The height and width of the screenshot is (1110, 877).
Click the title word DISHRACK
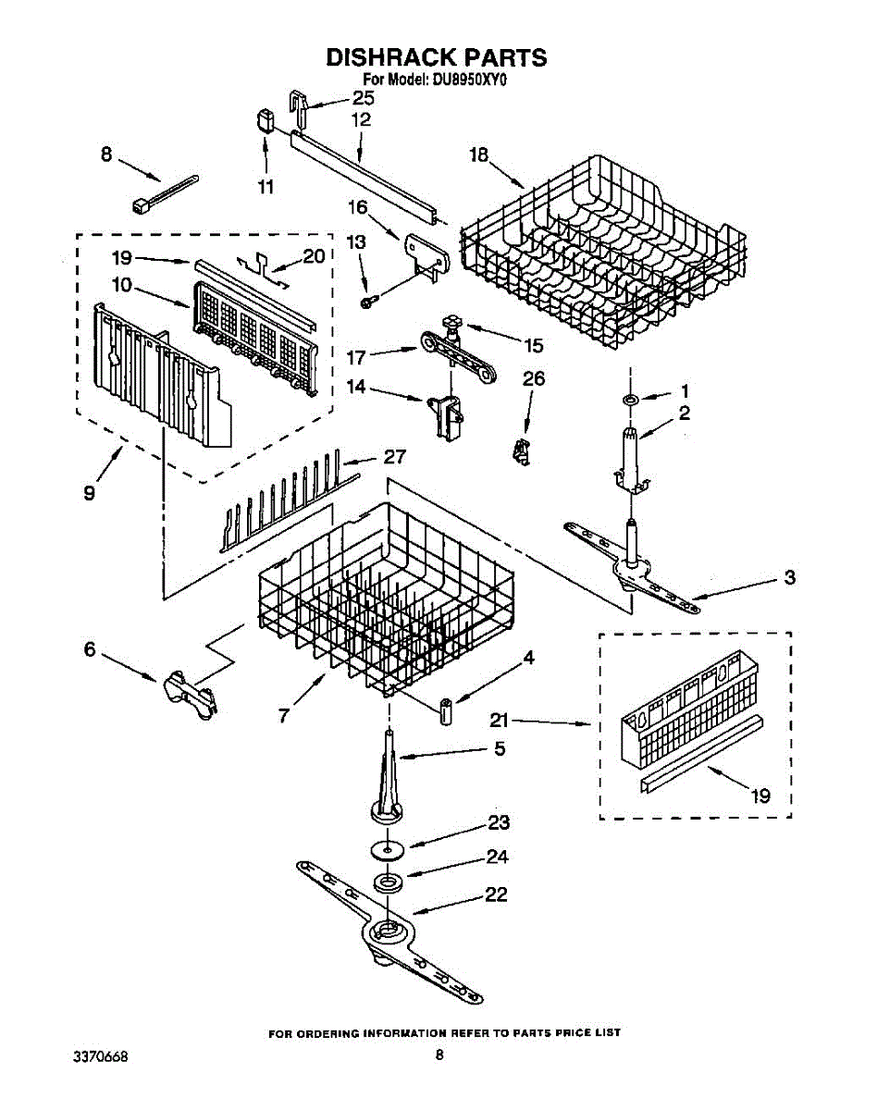click(x=379, y=57)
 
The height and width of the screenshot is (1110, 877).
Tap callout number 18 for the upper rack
click(x=477, y=155)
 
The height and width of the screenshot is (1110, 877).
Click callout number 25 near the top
click(x=363, y=97)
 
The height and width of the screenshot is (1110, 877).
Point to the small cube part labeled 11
click(x=265, y=120)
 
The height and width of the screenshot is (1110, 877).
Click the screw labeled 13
click(x=368, y=301)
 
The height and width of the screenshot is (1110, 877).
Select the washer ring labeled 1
click(x=629, y=399)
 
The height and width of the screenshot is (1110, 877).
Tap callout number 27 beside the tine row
click(x=395, y=457)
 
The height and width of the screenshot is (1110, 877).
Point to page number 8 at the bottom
click(x=440, y=1054)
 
